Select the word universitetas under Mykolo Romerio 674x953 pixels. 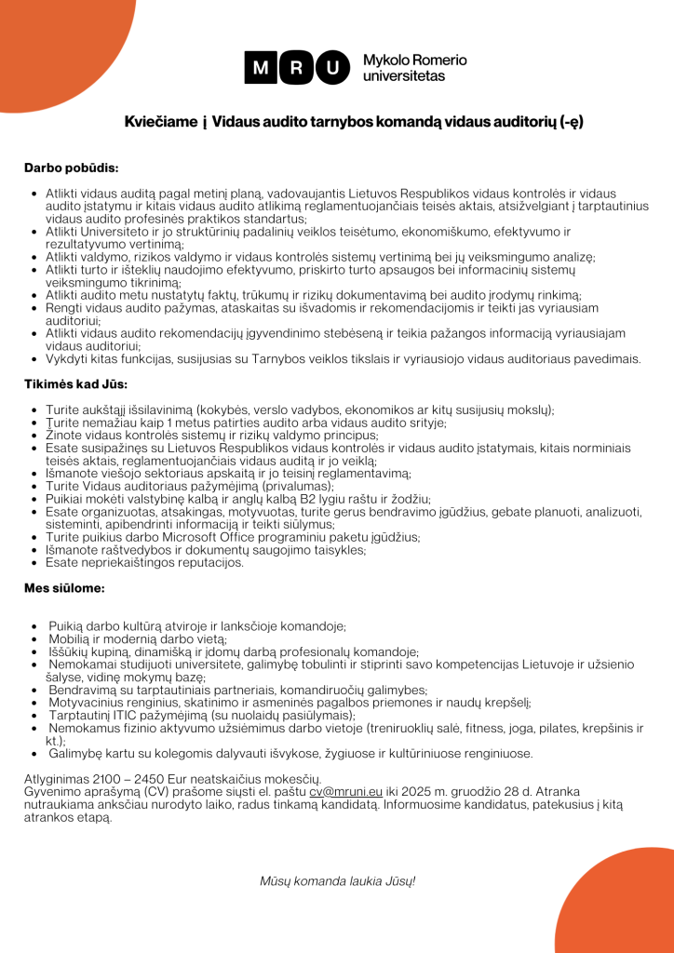click(403, 76)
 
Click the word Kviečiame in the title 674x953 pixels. click(161, 122)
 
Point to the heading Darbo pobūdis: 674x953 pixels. click(71, 168)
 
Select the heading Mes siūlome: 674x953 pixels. click(64, 588)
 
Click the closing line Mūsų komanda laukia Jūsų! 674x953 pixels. click(337, 879)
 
